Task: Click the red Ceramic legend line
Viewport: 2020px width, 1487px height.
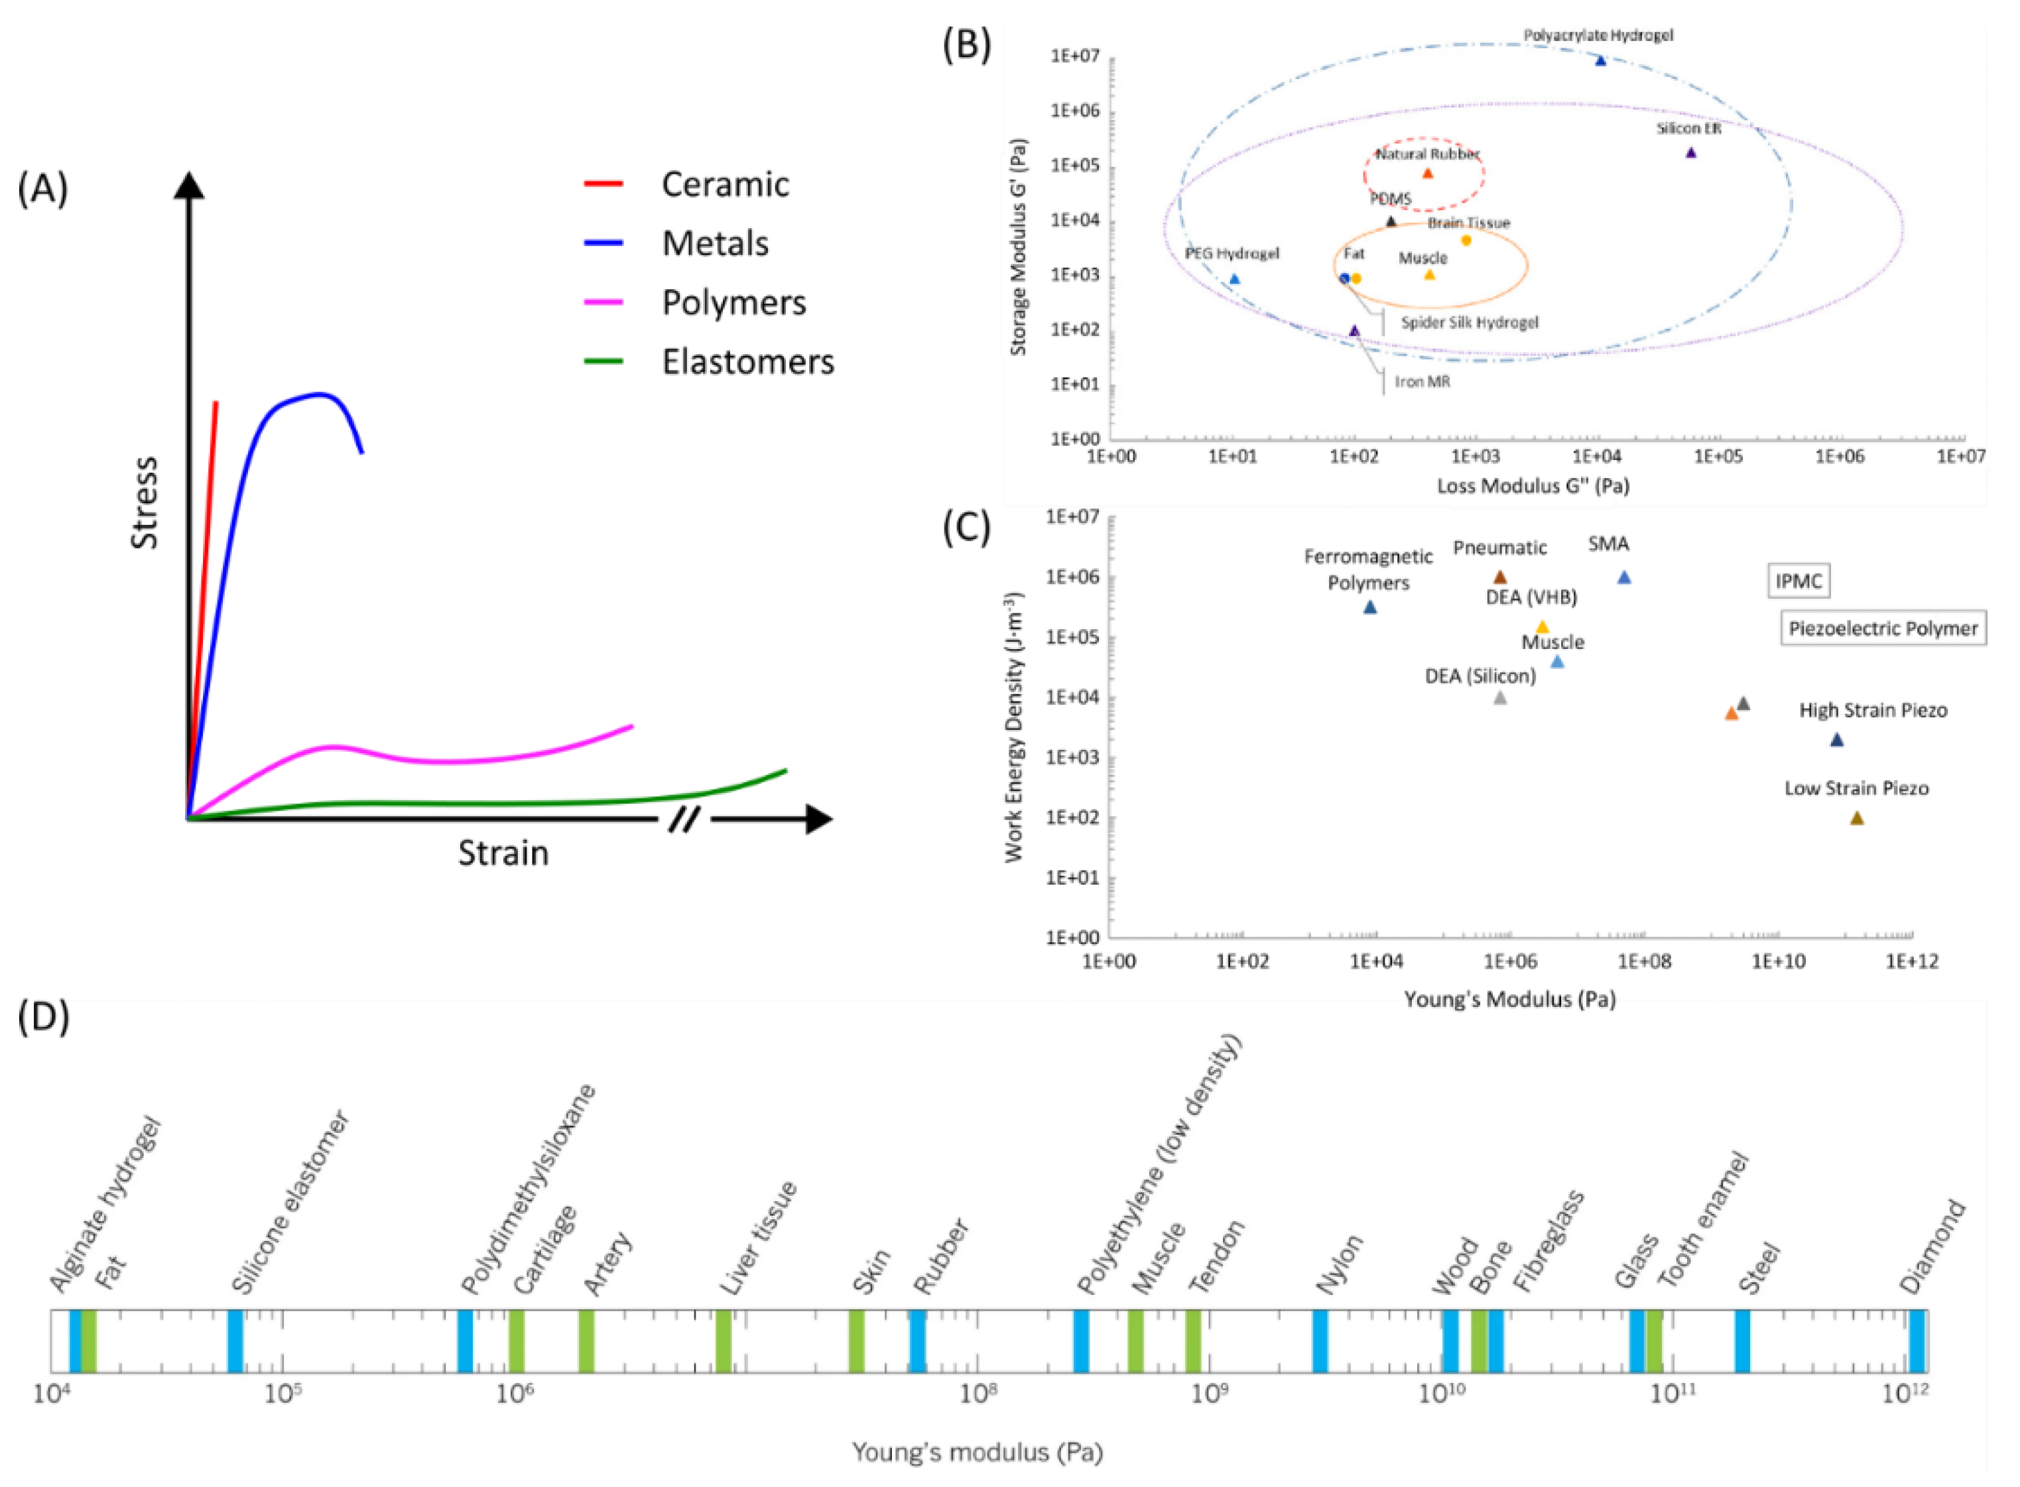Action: [x=603, y=184]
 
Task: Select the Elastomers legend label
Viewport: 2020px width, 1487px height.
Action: [x=747, y=362]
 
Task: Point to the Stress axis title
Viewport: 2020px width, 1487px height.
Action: [x=144, y=503]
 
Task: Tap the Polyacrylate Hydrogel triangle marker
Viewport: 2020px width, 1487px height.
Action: [x=1600, y=60]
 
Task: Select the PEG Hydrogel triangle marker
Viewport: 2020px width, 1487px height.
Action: [x=1234, y=279]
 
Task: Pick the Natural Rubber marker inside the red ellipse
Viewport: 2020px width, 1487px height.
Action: [x=1426, y=173]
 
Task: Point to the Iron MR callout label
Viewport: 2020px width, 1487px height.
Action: [x=1422, y=382]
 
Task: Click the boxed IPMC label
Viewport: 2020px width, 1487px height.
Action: [x=1798, y=581]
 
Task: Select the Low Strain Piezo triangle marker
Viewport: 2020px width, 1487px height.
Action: [x=1856, y=818]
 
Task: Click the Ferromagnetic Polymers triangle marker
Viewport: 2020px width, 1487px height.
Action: [x=1370, y=607]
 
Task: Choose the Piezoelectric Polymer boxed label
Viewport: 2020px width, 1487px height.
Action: [x=1882, y=628]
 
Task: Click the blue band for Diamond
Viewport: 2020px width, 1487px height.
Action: [x=1917, y=1340]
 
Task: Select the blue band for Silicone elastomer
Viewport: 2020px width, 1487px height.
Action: [x=234, y=1340]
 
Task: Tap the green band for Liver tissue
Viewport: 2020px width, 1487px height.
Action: [x=723, y=1340]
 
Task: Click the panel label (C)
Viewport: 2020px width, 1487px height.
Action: [x=966, y=528]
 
